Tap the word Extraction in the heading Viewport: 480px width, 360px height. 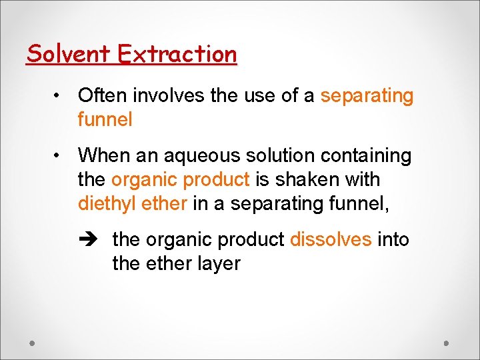[177, 53]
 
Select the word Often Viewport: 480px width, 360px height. [103, 96]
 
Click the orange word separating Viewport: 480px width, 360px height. [367, 96]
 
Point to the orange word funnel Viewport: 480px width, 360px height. [105, 120]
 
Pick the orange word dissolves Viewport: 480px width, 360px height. [331, 239]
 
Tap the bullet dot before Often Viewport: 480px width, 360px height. [59, 96]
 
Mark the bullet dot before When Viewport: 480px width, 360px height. [59, 156]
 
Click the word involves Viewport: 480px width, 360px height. [169, 96]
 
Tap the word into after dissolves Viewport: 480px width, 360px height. [393, 239]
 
